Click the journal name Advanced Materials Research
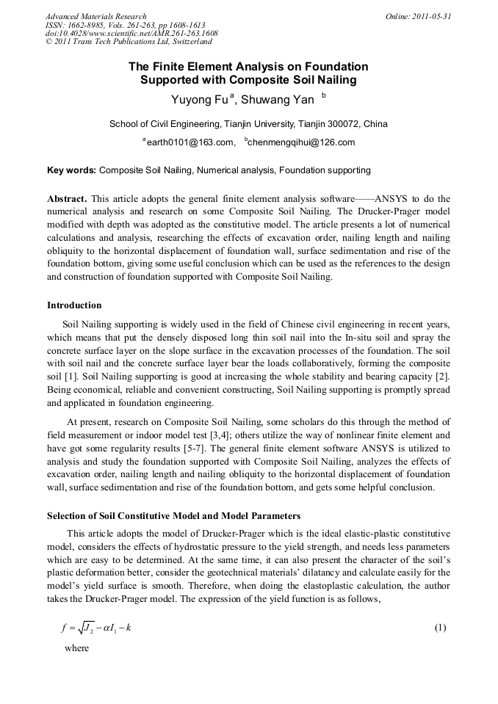pyautogui.click(x=95, y=16)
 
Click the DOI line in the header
pyautogui.click(x=131, y=34)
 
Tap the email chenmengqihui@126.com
pyautogui.click(x=292, y=142)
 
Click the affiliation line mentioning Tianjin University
pyautogui.click(x=248, y=123)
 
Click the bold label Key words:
pyautogui.click(x=71, y=170)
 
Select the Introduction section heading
pyautogui.click(x=74, y=305)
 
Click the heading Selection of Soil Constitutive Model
pyautogui.click(x=173, y=516)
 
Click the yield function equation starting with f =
pyautogui.click(x=95, y=628)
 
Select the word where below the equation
pyautogui.click(x=76, y=648)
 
